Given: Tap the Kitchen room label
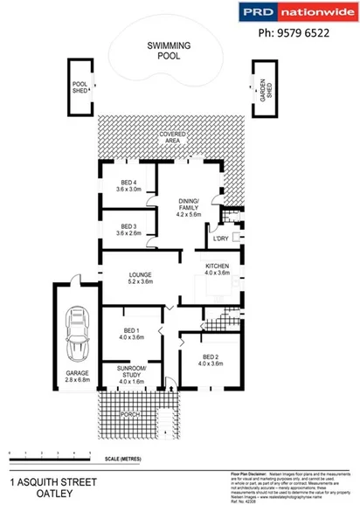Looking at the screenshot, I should point(217,269).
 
